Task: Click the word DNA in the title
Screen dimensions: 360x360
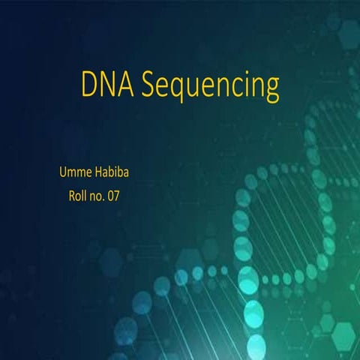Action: coord(106,85)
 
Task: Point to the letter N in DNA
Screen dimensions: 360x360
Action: coord(107,85)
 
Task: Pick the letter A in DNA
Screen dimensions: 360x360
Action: coord(125,85)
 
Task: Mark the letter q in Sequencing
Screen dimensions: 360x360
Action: coord(178,90)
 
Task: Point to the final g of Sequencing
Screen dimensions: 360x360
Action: coord(271,90)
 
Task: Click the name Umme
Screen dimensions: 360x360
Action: coord(76,173)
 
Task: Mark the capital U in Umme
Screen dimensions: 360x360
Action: coord(63,173)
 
